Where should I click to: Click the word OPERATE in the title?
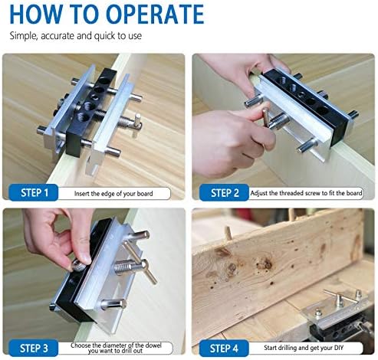[x=155, y=14]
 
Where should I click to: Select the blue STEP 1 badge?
[x=34, y=193]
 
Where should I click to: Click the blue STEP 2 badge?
[x=224, y=193]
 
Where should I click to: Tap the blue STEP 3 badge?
[x=34, y=348]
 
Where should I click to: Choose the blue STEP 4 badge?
[x=224, y=348]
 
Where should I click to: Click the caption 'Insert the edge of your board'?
[x=113, y=194]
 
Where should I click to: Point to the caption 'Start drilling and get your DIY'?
[x=304, y=348]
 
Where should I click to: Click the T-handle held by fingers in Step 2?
[x=266, y=118]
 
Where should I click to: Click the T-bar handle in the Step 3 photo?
[x=140, y=263]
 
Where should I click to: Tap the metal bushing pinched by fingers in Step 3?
[x=78, y=267]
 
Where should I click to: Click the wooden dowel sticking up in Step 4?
[x=228, y=233]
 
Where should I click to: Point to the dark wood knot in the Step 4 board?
[x=265, y=263]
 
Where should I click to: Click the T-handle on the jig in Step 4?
[x=340, y=297]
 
